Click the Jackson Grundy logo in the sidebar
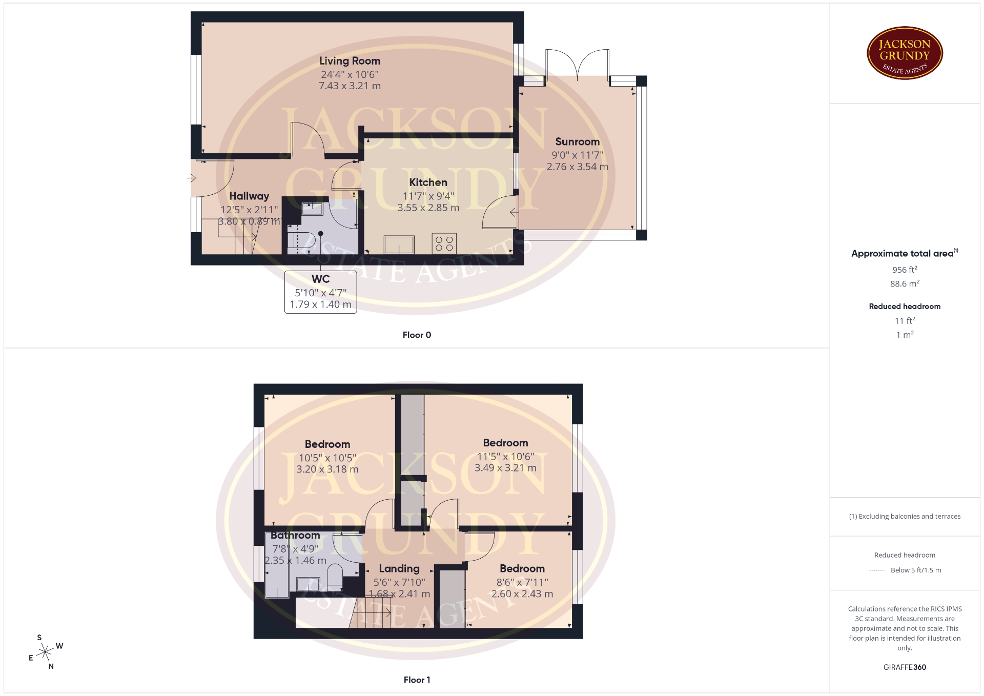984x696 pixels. click(905, 53)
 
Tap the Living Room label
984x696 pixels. click(350, 61)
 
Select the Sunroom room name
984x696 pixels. click(577, 142)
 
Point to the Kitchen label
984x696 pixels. click(428, 182)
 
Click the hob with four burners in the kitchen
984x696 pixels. click(444, 243)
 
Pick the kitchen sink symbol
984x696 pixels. click(399, 244)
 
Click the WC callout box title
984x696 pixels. click(321, 279)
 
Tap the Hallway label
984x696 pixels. click(249, 196)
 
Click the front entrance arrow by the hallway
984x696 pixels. click(191, 178)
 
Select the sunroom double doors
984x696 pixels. click(578, 65)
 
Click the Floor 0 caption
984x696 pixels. click(417, 335)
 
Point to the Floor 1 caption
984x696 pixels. click(417, 680)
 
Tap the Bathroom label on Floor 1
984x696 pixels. click(295, 536)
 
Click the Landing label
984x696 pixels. click(399, 569)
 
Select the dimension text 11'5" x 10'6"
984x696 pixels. click(505, 456)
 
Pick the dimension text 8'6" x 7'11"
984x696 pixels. click(522, 582)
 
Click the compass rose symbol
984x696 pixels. click(46, 652)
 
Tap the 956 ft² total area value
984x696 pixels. click(905, 270)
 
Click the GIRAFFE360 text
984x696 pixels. click(905, 667)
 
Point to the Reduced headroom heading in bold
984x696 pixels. click(905, 306)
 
